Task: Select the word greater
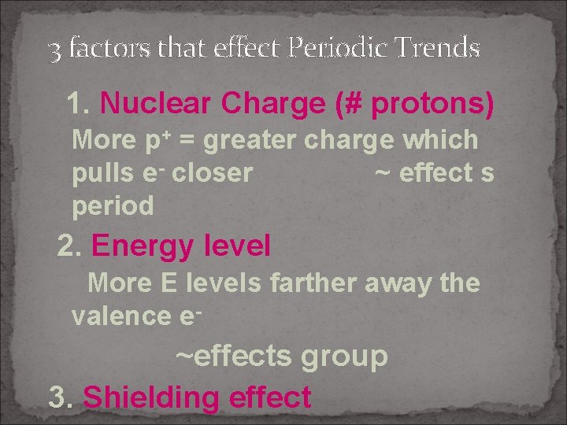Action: pyautogui.click(x=247, y=140)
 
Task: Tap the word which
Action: pyautogui.click(x=439, y=140)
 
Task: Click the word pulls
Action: pyautogui.click(x=96, y=173)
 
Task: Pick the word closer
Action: pyautogui.click(x=212, y=173)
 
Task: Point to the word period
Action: pyautogui.click(x=113, y=206)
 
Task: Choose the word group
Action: pyautogui.click(x=343, y=356)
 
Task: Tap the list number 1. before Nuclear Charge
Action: pyautogui.click(x=80, y=103)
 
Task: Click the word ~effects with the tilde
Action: pyautogui.click(x=232, y=356)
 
